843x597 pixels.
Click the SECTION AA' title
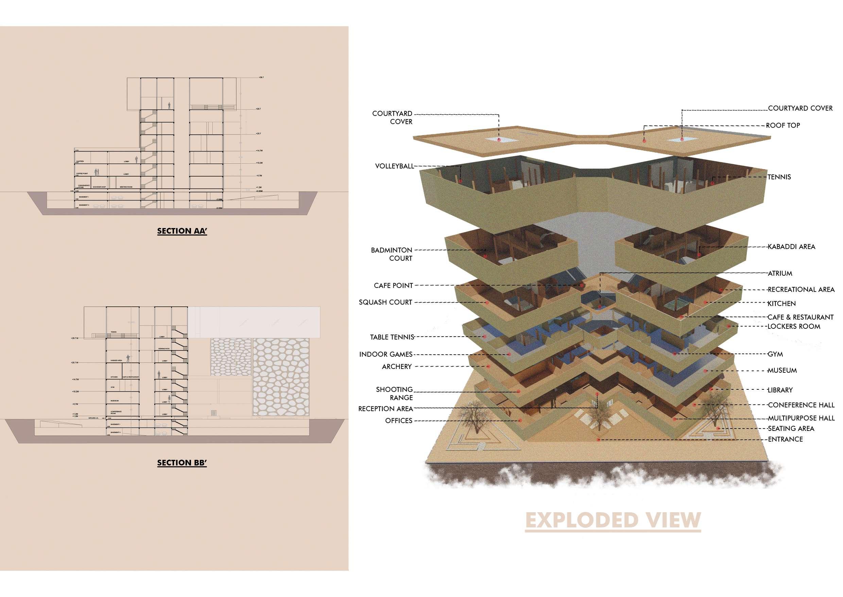(182, 231)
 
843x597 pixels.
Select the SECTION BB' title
(182, 463)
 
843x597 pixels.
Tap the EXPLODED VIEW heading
(613, 520)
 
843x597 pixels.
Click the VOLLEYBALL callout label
(394, 166)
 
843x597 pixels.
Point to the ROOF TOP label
(783, 125)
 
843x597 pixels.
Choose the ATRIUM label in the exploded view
(780, 274)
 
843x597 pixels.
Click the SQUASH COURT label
(385, 302)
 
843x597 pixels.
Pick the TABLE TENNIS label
(392, 337)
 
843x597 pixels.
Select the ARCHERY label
(397, 367)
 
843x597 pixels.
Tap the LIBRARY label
(780, 390)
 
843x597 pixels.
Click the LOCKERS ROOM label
(793, 326)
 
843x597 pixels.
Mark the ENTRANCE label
(785, 439)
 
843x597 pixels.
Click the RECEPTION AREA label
(385, 409)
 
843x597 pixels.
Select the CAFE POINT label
(393, 286)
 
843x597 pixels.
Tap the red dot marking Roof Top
(643, 141)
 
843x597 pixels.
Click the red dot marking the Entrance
(599, 440)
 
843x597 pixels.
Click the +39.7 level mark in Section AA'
(261, 78)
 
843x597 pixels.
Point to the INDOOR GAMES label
(386, 354)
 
